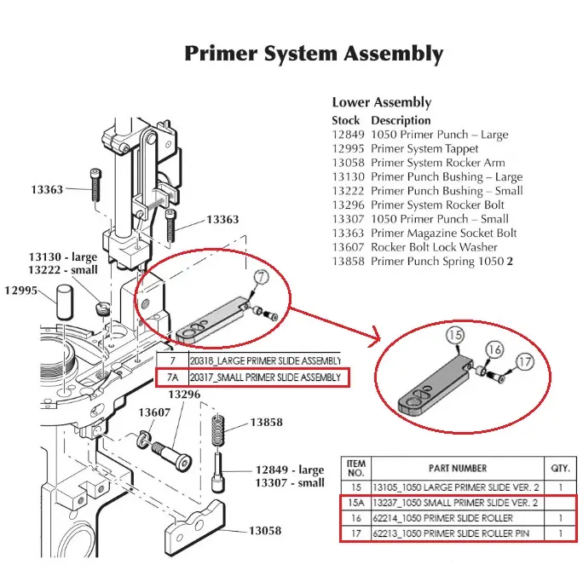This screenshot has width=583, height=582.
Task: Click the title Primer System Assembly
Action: click(x=314, y=55)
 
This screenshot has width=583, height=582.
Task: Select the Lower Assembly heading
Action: click(x=381, y=103)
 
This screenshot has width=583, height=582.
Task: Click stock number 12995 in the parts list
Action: click(x=348, y=148)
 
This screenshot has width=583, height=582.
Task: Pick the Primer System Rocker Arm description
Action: click(x=437, y=163)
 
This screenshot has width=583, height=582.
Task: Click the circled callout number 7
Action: click(x=261, y=277)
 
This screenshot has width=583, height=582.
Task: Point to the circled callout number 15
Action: click(x=454, y=336)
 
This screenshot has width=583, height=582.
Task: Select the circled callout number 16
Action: click(x=494, y=350)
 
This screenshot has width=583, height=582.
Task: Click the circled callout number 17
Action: click(x=525, y=362)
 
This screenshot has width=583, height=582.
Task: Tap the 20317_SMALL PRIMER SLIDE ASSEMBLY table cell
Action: click(x=263, y=377)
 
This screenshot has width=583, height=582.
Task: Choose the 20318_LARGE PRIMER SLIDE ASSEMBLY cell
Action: click(x=262, y=360)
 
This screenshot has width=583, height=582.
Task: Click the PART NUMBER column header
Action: click(x=457, y=468)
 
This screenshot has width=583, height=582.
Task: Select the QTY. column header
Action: click(x=559, y=468)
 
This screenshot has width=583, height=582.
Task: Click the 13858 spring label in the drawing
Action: click(x=267, y=423)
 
